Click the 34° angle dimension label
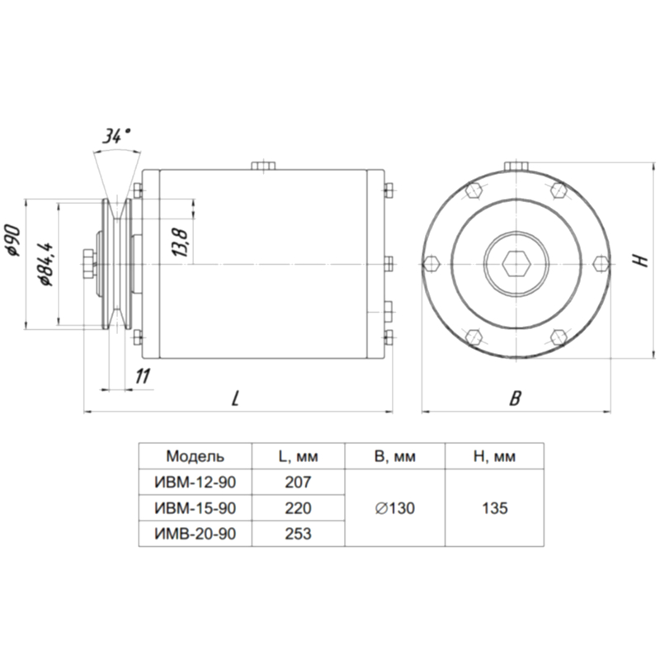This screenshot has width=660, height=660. [x=116, y=136]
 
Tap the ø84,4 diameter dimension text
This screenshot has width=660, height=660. [x=46, y=264]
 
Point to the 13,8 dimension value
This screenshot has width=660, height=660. [x=181, y=243]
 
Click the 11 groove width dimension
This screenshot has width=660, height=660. [x=143, y=376]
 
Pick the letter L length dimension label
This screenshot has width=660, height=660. [x=236, y=398]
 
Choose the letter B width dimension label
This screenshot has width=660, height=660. [x=515, y=398]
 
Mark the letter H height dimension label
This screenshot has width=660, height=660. [x=642, y=262]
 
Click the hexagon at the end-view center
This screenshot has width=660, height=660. [x=516, y=264]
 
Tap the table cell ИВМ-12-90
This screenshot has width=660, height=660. [x=196, y=482]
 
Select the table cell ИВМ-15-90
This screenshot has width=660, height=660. [x=196, y=508]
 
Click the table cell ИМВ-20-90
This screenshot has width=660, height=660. [x=196, y=534]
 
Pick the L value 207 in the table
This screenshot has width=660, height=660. [x=298, y=482]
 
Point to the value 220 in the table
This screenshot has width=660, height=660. [x=298, y=508]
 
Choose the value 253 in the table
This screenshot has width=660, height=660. [x=298, y=534]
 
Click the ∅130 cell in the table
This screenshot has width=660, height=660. [x=395, y=508]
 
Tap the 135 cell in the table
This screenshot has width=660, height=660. [x=495, y=508]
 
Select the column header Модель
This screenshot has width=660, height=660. [x=196, y=456]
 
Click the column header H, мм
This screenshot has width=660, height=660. [x=494, y=456]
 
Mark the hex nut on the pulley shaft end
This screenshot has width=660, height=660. [x=89, y=264]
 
